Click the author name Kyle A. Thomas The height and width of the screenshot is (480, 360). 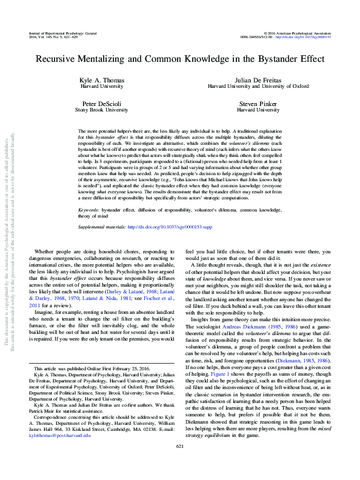tap(102, 81)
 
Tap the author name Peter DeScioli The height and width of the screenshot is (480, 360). tap(102, 104)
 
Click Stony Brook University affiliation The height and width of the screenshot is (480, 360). tap(102, 111)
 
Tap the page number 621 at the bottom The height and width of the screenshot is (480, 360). tap(179, 463)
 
